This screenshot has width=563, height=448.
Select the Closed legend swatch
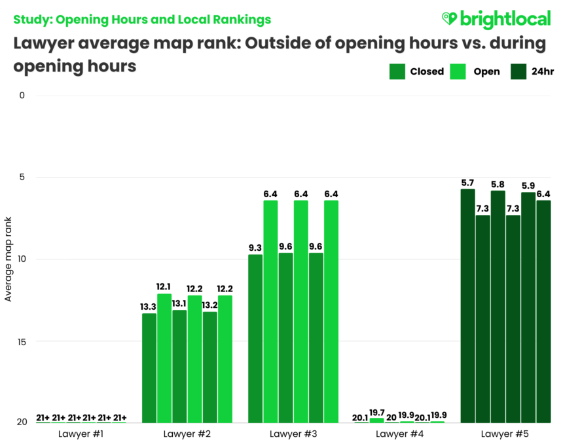click(397, 71)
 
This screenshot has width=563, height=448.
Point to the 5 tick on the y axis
click(22, 177)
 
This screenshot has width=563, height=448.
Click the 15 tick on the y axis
click(22, 341)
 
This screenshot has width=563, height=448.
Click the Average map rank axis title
click(9, 259)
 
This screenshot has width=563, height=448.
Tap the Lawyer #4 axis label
click(399, 434)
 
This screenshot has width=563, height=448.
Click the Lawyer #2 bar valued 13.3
click(149, 367)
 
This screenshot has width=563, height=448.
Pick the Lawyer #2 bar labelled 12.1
click(164, 358)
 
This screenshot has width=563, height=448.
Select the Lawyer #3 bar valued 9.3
click(255, 338)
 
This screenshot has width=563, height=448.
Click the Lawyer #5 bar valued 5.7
click(467, 305)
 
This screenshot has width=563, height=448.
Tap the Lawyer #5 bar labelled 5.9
click(528, 307)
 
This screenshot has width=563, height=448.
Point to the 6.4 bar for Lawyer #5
click(543, 311)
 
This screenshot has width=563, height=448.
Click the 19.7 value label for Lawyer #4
click(376, 411)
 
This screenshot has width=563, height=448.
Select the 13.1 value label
click(179, 303)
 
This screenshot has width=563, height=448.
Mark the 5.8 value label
click(498, 184)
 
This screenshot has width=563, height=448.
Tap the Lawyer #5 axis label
click(505, 434)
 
